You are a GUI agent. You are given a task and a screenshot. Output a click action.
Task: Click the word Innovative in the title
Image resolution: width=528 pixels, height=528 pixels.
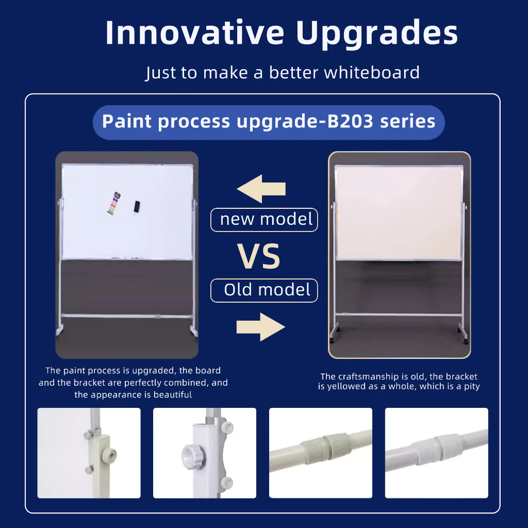click(195, 32)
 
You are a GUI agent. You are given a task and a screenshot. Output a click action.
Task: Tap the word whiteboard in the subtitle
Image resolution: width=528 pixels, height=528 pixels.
click(372, 72)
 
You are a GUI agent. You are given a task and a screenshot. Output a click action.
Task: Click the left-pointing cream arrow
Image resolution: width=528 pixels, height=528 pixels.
click(261, 189)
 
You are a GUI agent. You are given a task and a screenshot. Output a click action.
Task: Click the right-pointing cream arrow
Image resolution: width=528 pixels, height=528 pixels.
click(260, 327)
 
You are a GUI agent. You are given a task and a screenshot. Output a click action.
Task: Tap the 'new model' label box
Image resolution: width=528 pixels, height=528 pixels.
click(264, 220)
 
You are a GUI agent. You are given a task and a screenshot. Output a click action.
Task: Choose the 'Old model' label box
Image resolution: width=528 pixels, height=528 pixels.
click(264, 290)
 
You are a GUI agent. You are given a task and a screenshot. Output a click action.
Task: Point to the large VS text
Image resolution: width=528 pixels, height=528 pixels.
click(259, 256)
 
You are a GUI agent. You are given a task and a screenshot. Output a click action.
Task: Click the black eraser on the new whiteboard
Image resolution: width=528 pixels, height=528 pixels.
click(137, 206)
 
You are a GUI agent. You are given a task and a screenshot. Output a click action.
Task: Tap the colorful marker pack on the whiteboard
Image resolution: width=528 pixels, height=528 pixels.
click(114, 203)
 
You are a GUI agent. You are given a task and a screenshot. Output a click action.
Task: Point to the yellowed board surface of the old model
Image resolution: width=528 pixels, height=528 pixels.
click(399, 213)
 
